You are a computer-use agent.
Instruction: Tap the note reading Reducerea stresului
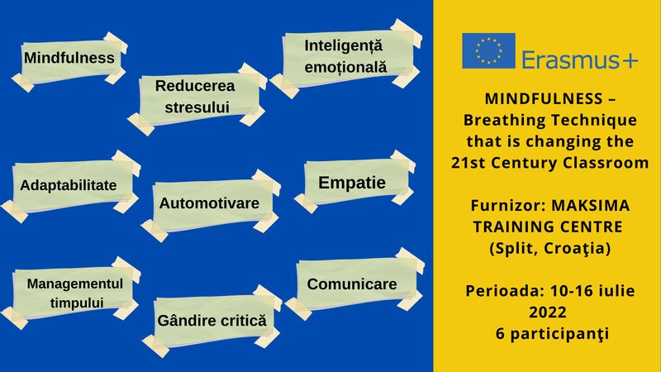tap(197, 98)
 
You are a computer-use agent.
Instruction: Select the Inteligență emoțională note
tap(345, 58)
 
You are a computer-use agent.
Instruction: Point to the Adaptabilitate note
tap(70, 185)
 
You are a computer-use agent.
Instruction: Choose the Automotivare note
tap(211, 205)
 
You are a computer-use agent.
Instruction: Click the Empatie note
tap(354, 182)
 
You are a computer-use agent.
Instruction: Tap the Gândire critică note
tap(212, 321)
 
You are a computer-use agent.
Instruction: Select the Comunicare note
tap(354, 284)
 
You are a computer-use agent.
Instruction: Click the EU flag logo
tap(488, 50)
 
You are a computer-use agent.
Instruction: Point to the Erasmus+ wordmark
tap(580, 60)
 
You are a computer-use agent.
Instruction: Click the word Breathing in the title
tap(497, 120)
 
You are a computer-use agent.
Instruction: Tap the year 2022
tap(548, 312)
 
